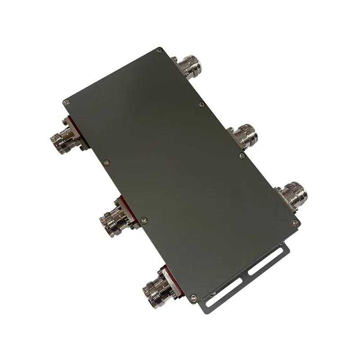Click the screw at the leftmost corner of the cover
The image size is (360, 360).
(x=66, y=103)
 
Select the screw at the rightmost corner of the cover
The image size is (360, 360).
(x=295, y=222)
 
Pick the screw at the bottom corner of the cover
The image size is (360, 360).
(x=193, y=297)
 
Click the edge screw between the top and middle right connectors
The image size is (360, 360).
(x=200, y=105)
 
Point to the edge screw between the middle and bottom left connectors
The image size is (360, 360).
(x=144, y=220)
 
